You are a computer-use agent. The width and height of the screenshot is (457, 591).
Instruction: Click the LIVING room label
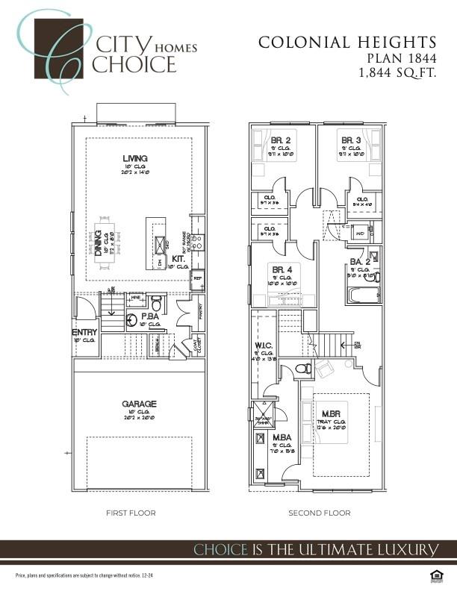click(x=135, y=158)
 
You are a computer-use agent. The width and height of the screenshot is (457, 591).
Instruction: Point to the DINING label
click(x=99, y=243)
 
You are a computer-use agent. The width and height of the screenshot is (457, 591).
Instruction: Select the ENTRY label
click(x=84, y=332)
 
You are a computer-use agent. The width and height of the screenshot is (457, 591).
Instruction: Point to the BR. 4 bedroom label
click(x=282, y=269)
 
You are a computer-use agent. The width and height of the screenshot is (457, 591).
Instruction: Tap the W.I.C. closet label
click(x=264, y=345)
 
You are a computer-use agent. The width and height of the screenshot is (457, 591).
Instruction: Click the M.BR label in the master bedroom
click(x=332, y=414)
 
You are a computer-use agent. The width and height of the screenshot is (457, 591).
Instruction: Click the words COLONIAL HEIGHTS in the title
click(x=347, y=43)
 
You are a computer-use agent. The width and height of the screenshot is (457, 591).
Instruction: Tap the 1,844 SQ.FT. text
click(x=397, y=72)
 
